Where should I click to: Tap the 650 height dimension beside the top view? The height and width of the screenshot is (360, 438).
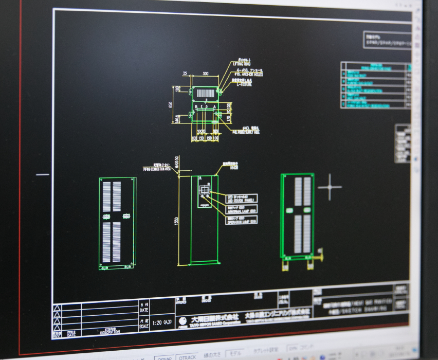[170, 105]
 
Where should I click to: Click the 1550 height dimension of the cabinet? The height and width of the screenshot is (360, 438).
[176, 221]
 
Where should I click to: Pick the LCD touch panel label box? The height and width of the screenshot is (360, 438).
[242, 198]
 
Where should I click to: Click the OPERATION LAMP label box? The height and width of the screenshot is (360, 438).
[242, 220]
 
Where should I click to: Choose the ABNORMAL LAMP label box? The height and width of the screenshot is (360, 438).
[242, 209]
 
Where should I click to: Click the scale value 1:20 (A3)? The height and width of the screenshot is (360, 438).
[162, 323]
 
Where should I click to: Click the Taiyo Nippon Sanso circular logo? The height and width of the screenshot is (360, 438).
[183, 320]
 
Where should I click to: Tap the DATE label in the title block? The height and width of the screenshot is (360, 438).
[144, 309]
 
